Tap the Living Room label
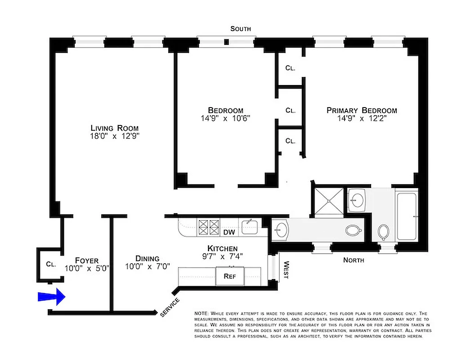coord(114,127)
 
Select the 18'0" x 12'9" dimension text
coord(114,136)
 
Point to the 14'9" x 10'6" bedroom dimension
coord(225,119)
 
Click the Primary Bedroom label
coord(362,110)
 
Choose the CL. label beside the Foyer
coord(50,264)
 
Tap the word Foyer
coord(86,260)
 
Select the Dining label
coord(147,258)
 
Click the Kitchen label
coord(222,248)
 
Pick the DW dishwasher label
coord(229,232)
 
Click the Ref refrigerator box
coord(230,276)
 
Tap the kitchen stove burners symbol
coord(208,227)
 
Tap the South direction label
coord(241,29)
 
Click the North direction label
coord(354,260)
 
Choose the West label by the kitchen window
coord(285,270)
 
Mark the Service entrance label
coord(170,307)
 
